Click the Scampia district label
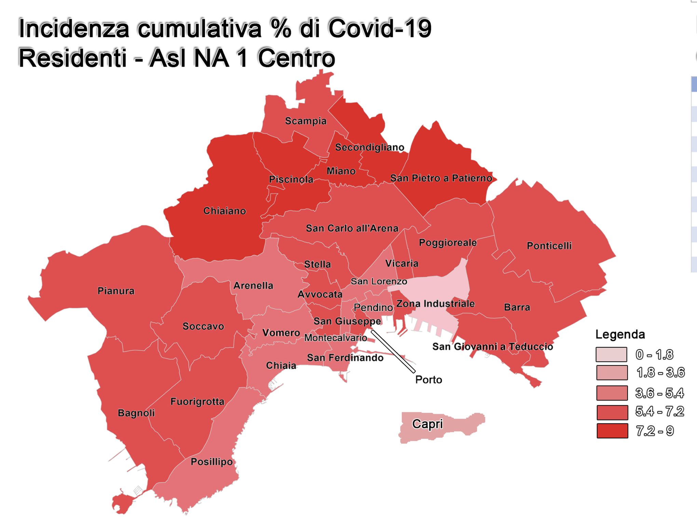point(306,121)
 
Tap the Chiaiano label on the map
point(224,211)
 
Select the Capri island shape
point(441,427)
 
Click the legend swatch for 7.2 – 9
point(612,431)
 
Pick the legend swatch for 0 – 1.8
point(611,354)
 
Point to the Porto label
point(428,380)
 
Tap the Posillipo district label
point(211,462)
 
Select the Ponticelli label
point(549,246)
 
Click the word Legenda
point(620,334)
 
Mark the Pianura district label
point(116,291)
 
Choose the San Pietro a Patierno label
point(441,178)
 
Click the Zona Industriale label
point(435,304)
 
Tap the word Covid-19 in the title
point(380,28)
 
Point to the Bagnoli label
point(136,413)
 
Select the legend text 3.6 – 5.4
point(659,393)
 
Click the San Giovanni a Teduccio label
point(492,347)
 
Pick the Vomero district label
point(281,333)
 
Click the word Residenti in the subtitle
point(72,58)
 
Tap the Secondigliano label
point(369,147)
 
